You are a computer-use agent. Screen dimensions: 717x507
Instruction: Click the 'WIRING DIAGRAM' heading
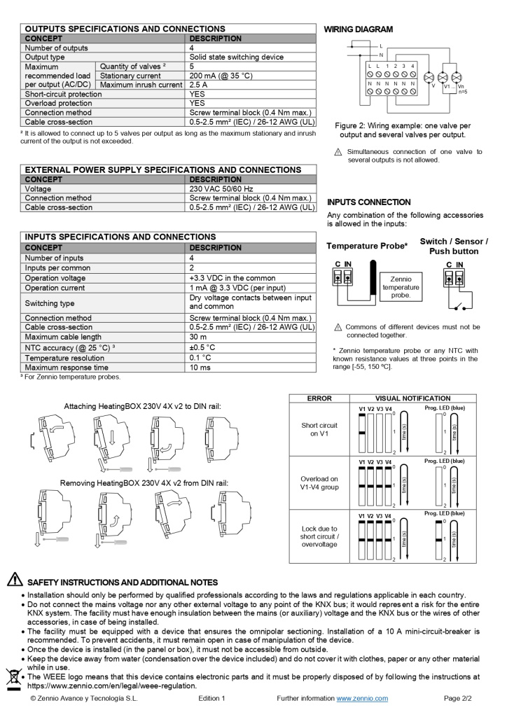pyautogui.click(x=358, y=29)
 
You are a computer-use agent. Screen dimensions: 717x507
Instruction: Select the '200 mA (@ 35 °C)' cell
pyautogui.click(x=221, y=76)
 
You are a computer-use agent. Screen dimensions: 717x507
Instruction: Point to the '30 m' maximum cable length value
pyautogui.click(x=198, y=337)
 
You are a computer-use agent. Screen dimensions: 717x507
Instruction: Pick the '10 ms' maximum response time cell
pyautogui.click(x=202, y=368)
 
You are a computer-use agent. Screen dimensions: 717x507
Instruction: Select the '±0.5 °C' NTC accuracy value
pyautogui.click(x=202, y=347)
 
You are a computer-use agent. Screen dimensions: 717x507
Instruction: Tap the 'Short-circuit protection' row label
pyautogui.click(x=63, y=94)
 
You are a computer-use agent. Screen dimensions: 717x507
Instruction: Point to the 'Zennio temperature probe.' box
pyautogui.click(x=401, y=287)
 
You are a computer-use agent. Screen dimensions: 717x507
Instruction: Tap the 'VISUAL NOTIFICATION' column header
pyautogui.click(x=413, y=398)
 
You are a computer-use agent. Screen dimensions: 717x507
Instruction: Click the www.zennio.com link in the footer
pyautogui.click(x=362, y=699)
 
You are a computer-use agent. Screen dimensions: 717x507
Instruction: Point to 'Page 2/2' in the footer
pyautogui.click(x=458, y=699)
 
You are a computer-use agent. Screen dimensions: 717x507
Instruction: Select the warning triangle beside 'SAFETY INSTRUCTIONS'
pyautogui.click(x=14, y=580)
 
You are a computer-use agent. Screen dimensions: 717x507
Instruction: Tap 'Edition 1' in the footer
pyautogui.click(x=211, y=699)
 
